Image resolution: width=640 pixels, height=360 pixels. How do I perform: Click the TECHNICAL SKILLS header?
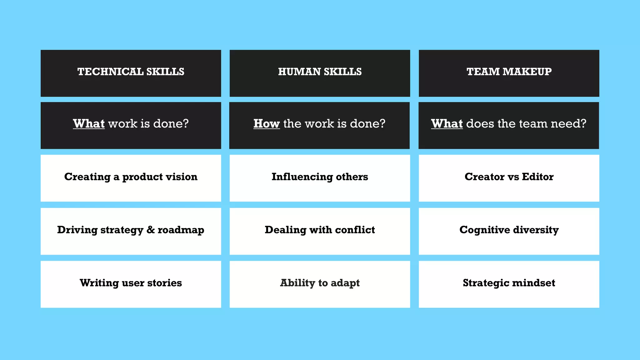[131, 72]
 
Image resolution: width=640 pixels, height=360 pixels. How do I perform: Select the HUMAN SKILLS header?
[320, 72]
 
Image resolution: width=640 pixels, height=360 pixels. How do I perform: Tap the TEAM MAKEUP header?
[509, 72]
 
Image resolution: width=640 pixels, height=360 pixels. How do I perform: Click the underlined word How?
[266, 124]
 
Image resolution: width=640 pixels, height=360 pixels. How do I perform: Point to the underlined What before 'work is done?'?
[89, 124]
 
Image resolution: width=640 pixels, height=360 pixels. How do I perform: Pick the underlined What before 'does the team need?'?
[447, 124]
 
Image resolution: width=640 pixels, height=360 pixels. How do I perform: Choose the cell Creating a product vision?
[131, 177]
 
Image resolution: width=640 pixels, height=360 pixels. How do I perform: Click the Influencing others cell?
[320, 177]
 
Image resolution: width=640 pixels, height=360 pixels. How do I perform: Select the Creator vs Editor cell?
[509, 177]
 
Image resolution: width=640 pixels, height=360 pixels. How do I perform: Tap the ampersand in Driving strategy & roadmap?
[150, 230]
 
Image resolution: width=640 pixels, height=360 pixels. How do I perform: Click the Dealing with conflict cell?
[320, 230]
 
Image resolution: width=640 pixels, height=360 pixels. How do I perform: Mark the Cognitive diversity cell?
[509, 230]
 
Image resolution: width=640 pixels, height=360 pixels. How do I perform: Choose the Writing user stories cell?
[131, 283]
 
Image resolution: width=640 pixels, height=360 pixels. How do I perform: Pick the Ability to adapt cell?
[320, 283]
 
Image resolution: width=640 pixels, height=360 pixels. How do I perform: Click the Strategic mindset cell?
[509, 283]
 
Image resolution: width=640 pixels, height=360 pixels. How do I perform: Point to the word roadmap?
[181, 230]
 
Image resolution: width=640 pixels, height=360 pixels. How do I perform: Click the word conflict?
[355, 230]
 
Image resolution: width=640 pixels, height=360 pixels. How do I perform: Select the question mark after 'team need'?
[583, 124]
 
